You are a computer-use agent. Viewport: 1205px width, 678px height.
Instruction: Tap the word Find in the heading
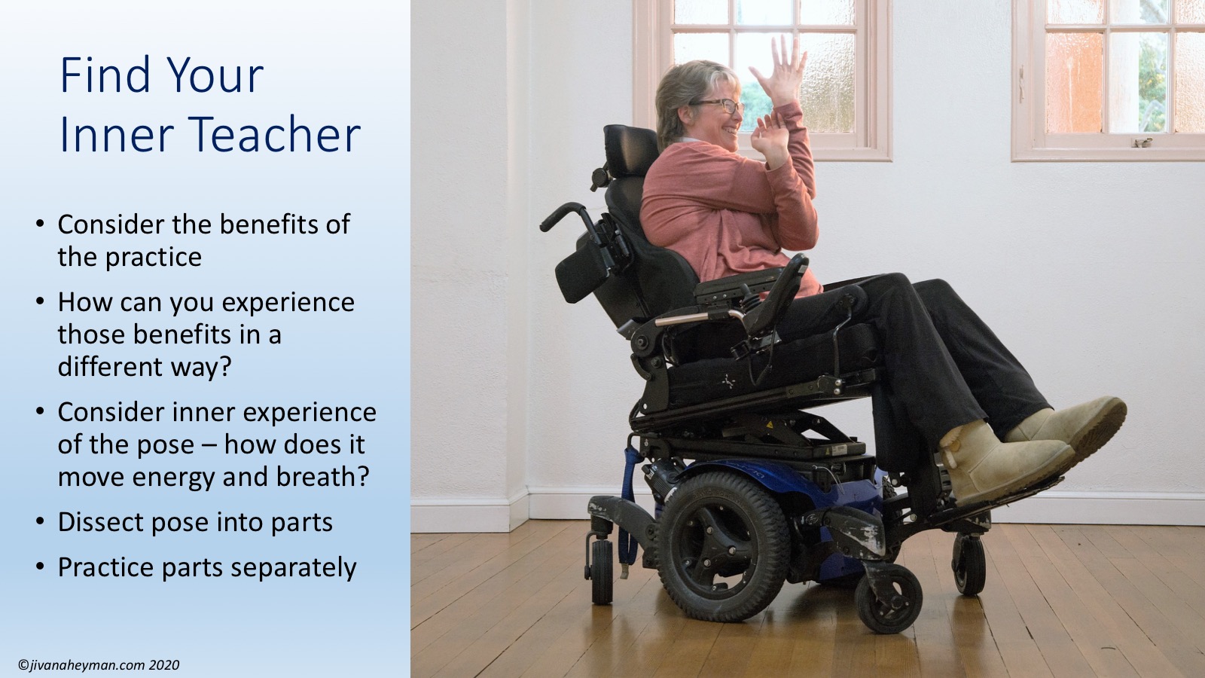(106, 75)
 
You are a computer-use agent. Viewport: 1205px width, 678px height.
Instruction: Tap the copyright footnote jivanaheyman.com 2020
(99, 665)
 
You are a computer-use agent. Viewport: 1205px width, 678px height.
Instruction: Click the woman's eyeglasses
(719, 105)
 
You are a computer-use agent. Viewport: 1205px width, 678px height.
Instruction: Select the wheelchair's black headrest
(631, 152)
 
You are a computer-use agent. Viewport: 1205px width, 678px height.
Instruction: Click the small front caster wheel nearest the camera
(889, 598)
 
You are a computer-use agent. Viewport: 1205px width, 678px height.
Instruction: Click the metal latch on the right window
(1141, 142)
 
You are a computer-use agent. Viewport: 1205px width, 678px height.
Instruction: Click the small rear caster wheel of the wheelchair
(602, 570)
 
